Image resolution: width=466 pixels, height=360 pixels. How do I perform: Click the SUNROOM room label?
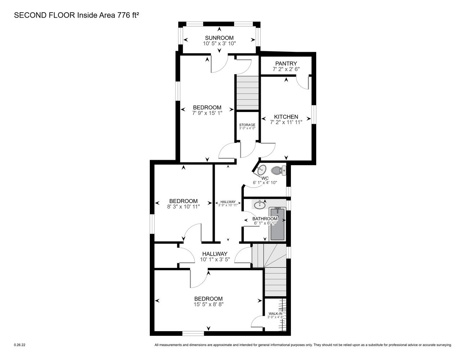(219, 38)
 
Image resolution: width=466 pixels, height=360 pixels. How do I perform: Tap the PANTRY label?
(286, 64)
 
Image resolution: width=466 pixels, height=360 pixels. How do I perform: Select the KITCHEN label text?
(286, 117)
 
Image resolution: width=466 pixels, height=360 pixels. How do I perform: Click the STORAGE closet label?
(247, 125)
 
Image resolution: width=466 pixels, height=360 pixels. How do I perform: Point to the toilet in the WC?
(278, 171)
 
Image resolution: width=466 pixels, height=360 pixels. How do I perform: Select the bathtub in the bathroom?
(278, 224)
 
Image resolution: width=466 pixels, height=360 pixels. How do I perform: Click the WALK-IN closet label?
(275, 314)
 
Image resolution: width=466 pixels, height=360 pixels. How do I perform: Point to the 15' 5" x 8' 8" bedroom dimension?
(209, 304)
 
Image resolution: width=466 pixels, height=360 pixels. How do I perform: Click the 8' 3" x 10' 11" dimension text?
(183, 207)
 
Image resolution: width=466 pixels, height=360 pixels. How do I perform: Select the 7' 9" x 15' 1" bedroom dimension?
(207, 113)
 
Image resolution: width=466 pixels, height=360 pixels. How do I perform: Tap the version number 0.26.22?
(19, 345)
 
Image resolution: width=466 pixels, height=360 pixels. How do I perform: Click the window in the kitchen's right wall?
(314, 114)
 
